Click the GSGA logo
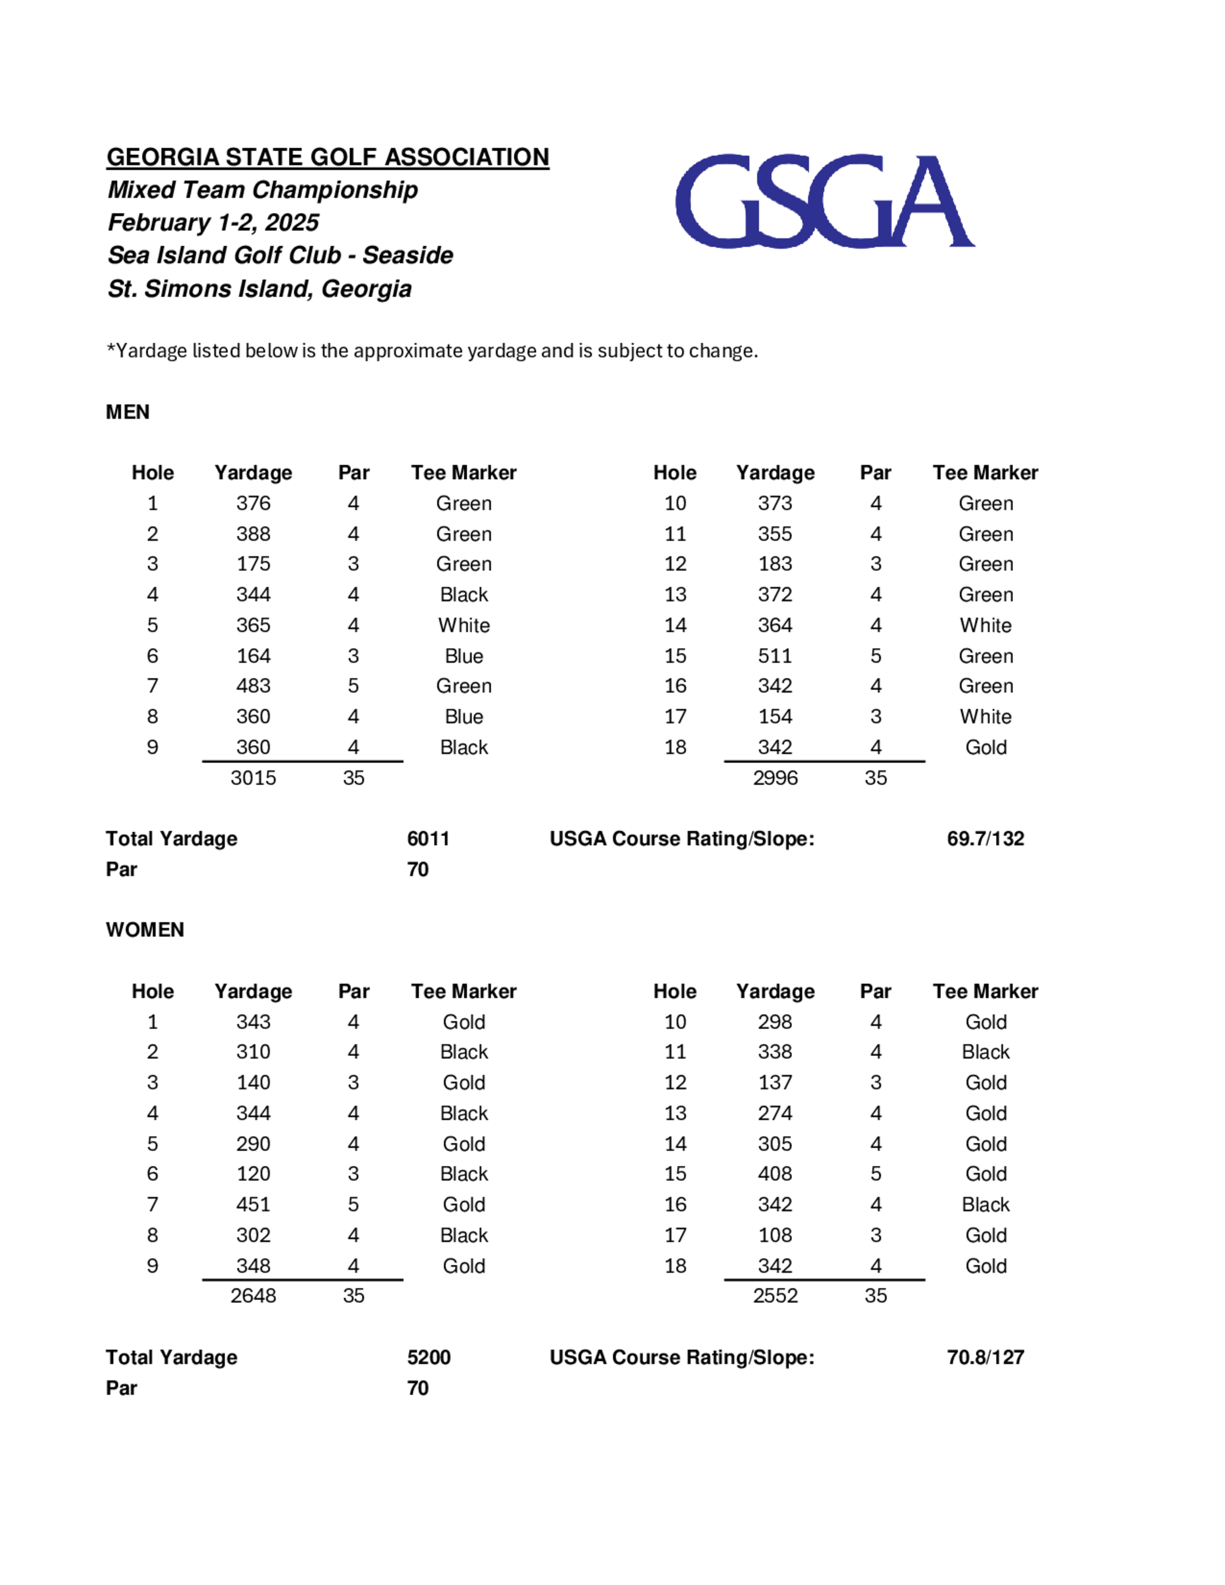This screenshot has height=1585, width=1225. (x=824, y=201)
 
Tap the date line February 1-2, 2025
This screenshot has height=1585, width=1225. (x=213, y=222)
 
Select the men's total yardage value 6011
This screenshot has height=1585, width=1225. (x=428, y=838)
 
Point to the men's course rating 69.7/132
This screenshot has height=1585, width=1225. (x=985, y=838)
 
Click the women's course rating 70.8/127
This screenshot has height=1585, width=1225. (x=985, y=1357)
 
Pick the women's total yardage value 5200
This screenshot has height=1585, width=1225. (x=428, y=1357)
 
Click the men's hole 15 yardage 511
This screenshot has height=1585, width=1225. (x=775, y=656)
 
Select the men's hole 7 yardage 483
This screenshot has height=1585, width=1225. (x=254, y=686)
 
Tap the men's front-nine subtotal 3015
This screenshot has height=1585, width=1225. (x=254, y=778)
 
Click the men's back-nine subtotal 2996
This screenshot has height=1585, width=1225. (x=775, y=778)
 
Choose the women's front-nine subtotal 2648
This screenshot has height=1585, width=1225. (x=254, y=1295)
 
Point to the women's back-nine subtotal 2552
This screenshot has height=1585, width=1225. (x=775, y=1295)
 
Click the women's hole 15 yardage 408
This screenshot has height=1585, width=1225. (x=775, y=1173)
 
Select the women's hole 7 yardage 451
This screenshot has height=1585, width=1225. (x=254, y=1204)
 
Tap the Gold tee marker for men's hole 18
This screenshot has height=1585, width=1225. (x=986, y=748)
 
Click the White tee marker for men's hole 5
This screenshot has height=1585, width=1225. (x=464, y=625)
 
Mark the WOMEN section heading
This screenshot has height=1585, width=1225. (x=145, y=930)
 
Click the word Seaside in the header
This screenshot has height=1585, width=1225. (x=408, y=255)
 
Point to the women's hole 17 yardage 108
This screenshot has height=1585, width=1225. (x=775, y=1235)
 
